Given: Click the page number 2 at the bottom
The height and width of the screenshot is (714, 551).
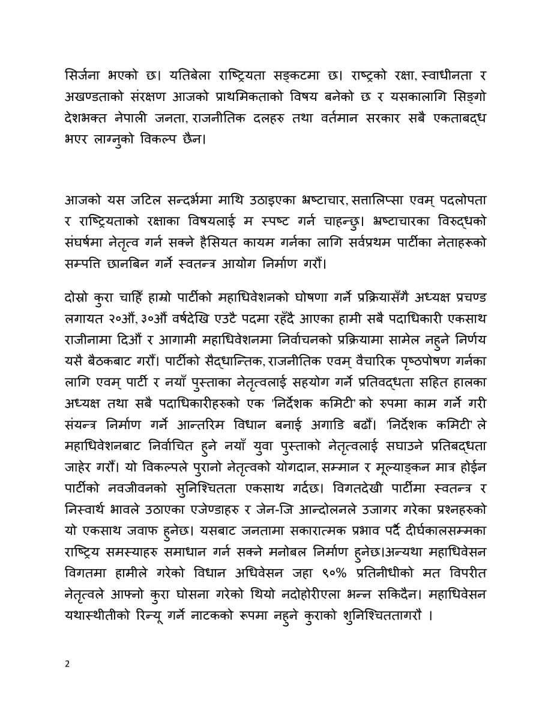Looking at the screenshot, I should (x=67, y=664).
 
